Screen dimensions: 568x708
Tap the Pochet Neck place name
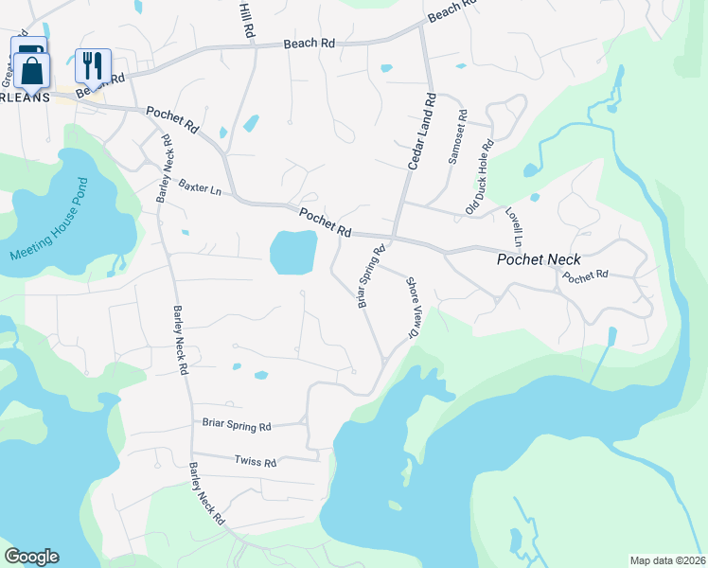tap(540, 259)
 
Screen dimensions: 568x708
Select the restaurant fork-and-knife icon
tap(93, 65)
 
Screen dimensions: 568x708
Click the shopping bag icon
tap(31, 70)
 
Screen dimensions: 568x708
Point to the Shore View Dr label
tap(413, 307)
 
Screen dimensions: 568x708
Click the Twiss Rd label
tap(256, 462)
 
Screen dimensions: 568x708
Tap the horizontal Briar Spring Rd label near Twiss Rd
tap(237, 426)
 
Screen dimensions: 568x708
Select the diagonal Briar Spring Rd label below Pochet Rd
tap(371, 276)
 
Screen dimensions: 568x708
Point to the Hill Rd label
tap(248, 19)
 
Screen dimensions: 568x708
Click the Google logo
tap(31, 557)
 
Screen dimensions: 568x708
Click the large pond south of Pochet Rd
tap(292, 252)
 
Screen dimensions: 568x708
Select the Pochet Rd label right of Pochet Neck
tap(585, 276)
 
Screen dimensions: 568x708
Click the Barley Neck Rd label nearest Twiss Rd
tap(206, 493)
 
